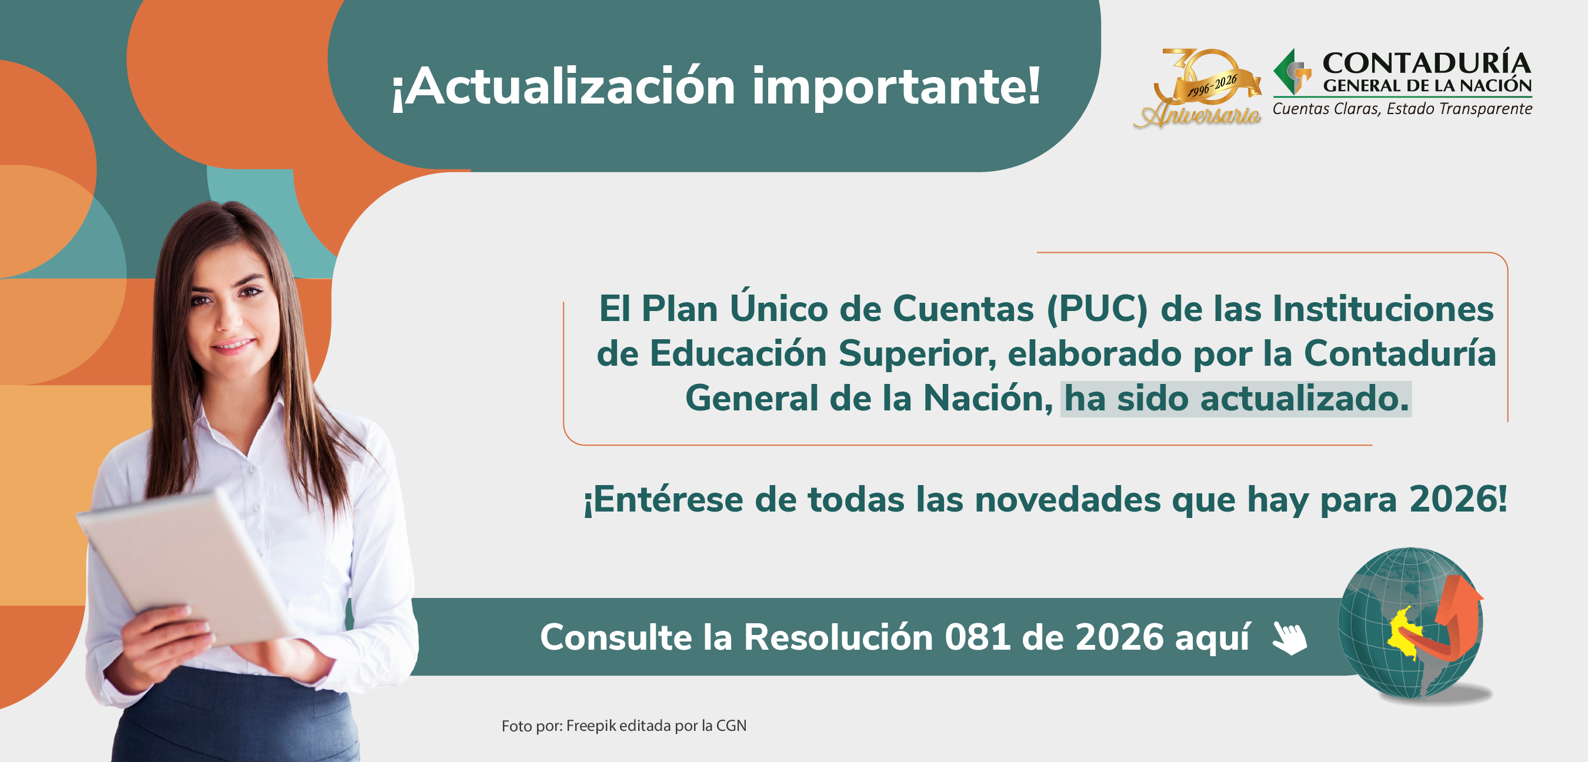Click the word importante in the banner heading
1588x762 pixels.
click(x=896, y=88)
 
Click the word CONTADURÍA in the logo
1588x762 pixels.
click(x=1426, y=63)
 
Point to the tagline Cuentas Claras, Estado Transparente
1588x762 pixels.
click(x=1402, y=109)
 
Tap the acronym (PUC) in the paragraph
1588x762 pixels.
click(x=1097, y=308)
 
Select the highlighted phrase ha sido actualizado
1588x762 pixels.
click(x=1235, y=398)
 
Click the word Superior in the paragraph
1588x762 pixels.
click(x=917, y=354)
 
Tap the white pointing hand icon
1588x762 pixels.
click(x=1290, y=638)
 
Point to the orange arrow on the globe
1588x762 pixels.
click(x=1456, y=617)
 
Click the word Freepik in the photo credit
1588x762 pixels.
click(x=591, y=726)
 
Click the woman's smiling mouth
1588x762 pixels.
click(x=232, y=346)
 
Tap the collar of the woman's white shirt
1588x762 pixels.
click(x=259, y=425)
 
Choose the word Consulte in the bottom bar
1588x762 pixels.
click(x=616, y=637)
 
